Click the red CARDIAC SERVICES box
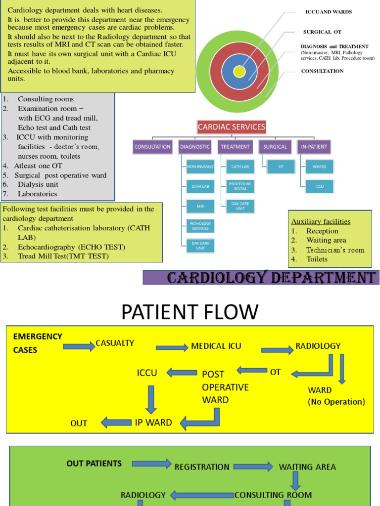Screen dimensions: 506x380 (232, 127)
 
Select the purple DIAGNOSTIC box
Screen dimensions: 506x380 (194, 147)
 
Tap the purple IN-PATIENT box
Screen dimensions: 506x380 (314, 147)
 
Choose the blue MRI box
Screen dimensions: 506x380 (200, 206)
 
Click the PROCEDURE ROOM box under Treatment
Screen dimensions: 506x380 (240, 186)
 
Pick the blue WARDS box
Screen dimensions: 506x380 (319, 167)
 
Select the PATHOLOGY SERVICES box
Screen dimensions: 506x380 (200, 226)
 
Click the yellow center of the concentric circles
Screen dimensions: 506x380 (239, 72)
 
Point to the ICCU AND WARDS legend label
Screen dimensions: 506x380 (329, 12)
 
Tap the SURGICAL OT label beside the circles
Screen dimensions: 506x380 (322, 32)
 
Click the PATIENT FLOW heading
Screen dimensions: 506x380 (190, 312)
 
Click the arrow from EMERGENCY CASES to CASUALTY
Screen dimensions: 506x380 (79, 346)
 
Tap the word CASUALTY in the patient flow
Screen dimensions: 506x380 (115, 343)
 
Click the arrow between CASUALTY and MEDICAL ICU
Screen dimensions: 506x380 (172, 347)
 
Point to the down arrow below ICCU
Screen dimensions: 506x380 (151, 399)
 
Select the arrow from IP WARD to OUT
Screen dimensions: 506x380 (116, 422)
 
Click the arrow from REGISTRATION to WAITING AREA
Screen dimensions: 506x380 (253, 466)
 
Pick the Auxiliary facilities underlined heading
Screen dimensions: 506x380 (321, 221)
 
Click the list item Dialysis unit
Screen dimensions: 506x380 (38, 184)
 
